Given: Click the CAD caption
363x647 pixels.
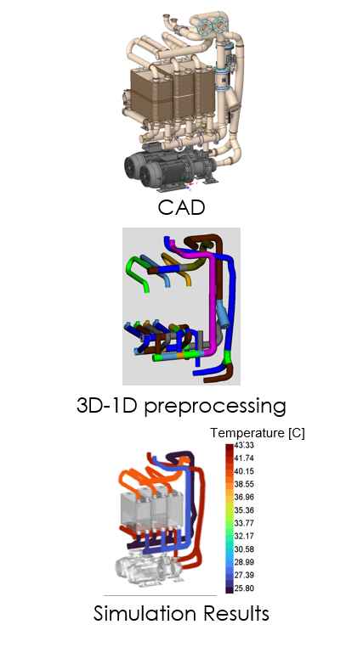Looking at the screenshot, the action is pos(181,207).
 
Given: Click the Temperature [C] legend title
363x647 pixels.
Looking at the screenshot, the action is pos(258,433).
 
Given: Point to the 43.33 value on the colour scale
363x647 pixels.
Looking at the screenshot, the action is pos(244,445).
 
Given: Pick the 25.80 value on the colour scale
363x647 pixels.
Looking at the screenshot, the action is pos(244,588).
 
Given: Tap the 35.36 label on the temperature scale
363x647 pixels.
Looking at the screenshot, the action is pos(244,510).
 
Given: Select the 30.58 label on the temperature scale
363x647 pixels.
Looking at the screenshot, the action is pos(244,549).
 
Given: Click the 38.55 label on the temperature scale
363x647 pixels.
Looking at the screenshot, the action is pos(244,484).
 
